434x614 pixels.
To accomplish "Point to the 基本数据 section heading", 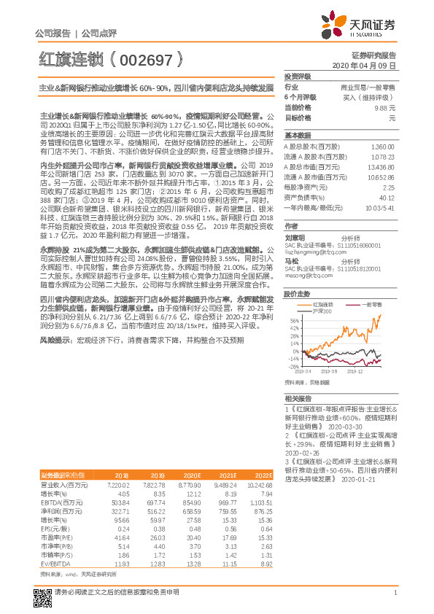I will tap(298, 136).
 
